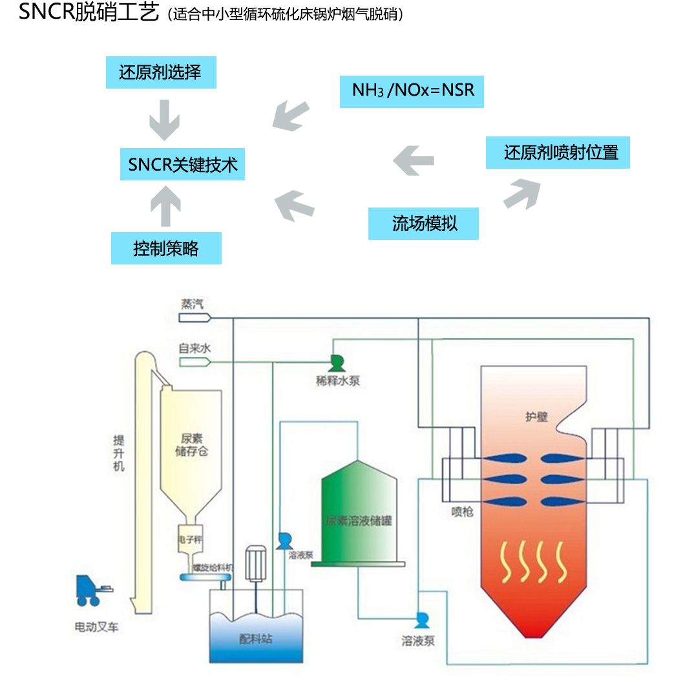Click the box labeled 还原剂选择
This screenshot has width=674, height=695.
point(160,72)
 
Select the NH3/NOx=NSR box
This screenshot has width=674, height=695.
point(412,91)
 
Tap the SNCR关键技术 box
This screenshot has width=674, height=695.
point(183,164)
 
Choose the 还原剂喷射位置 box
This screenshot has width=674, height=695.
point(558,153)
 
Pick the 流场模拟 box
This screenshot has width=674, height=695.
point(423,224)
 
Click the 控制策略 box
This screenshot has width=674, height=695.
point(166,248)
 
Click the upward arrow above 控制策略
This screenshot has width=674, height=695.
point(165,205)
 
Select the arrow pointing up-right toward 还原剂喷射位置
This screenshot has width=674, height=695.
point(522,192)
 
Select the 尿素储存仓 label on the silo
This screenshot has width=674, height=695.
point(192,445)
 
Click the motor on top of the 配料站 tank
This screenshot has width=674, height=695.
point(255,561)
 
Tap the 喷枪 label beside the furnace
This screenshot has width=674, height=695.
point(462,511)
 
